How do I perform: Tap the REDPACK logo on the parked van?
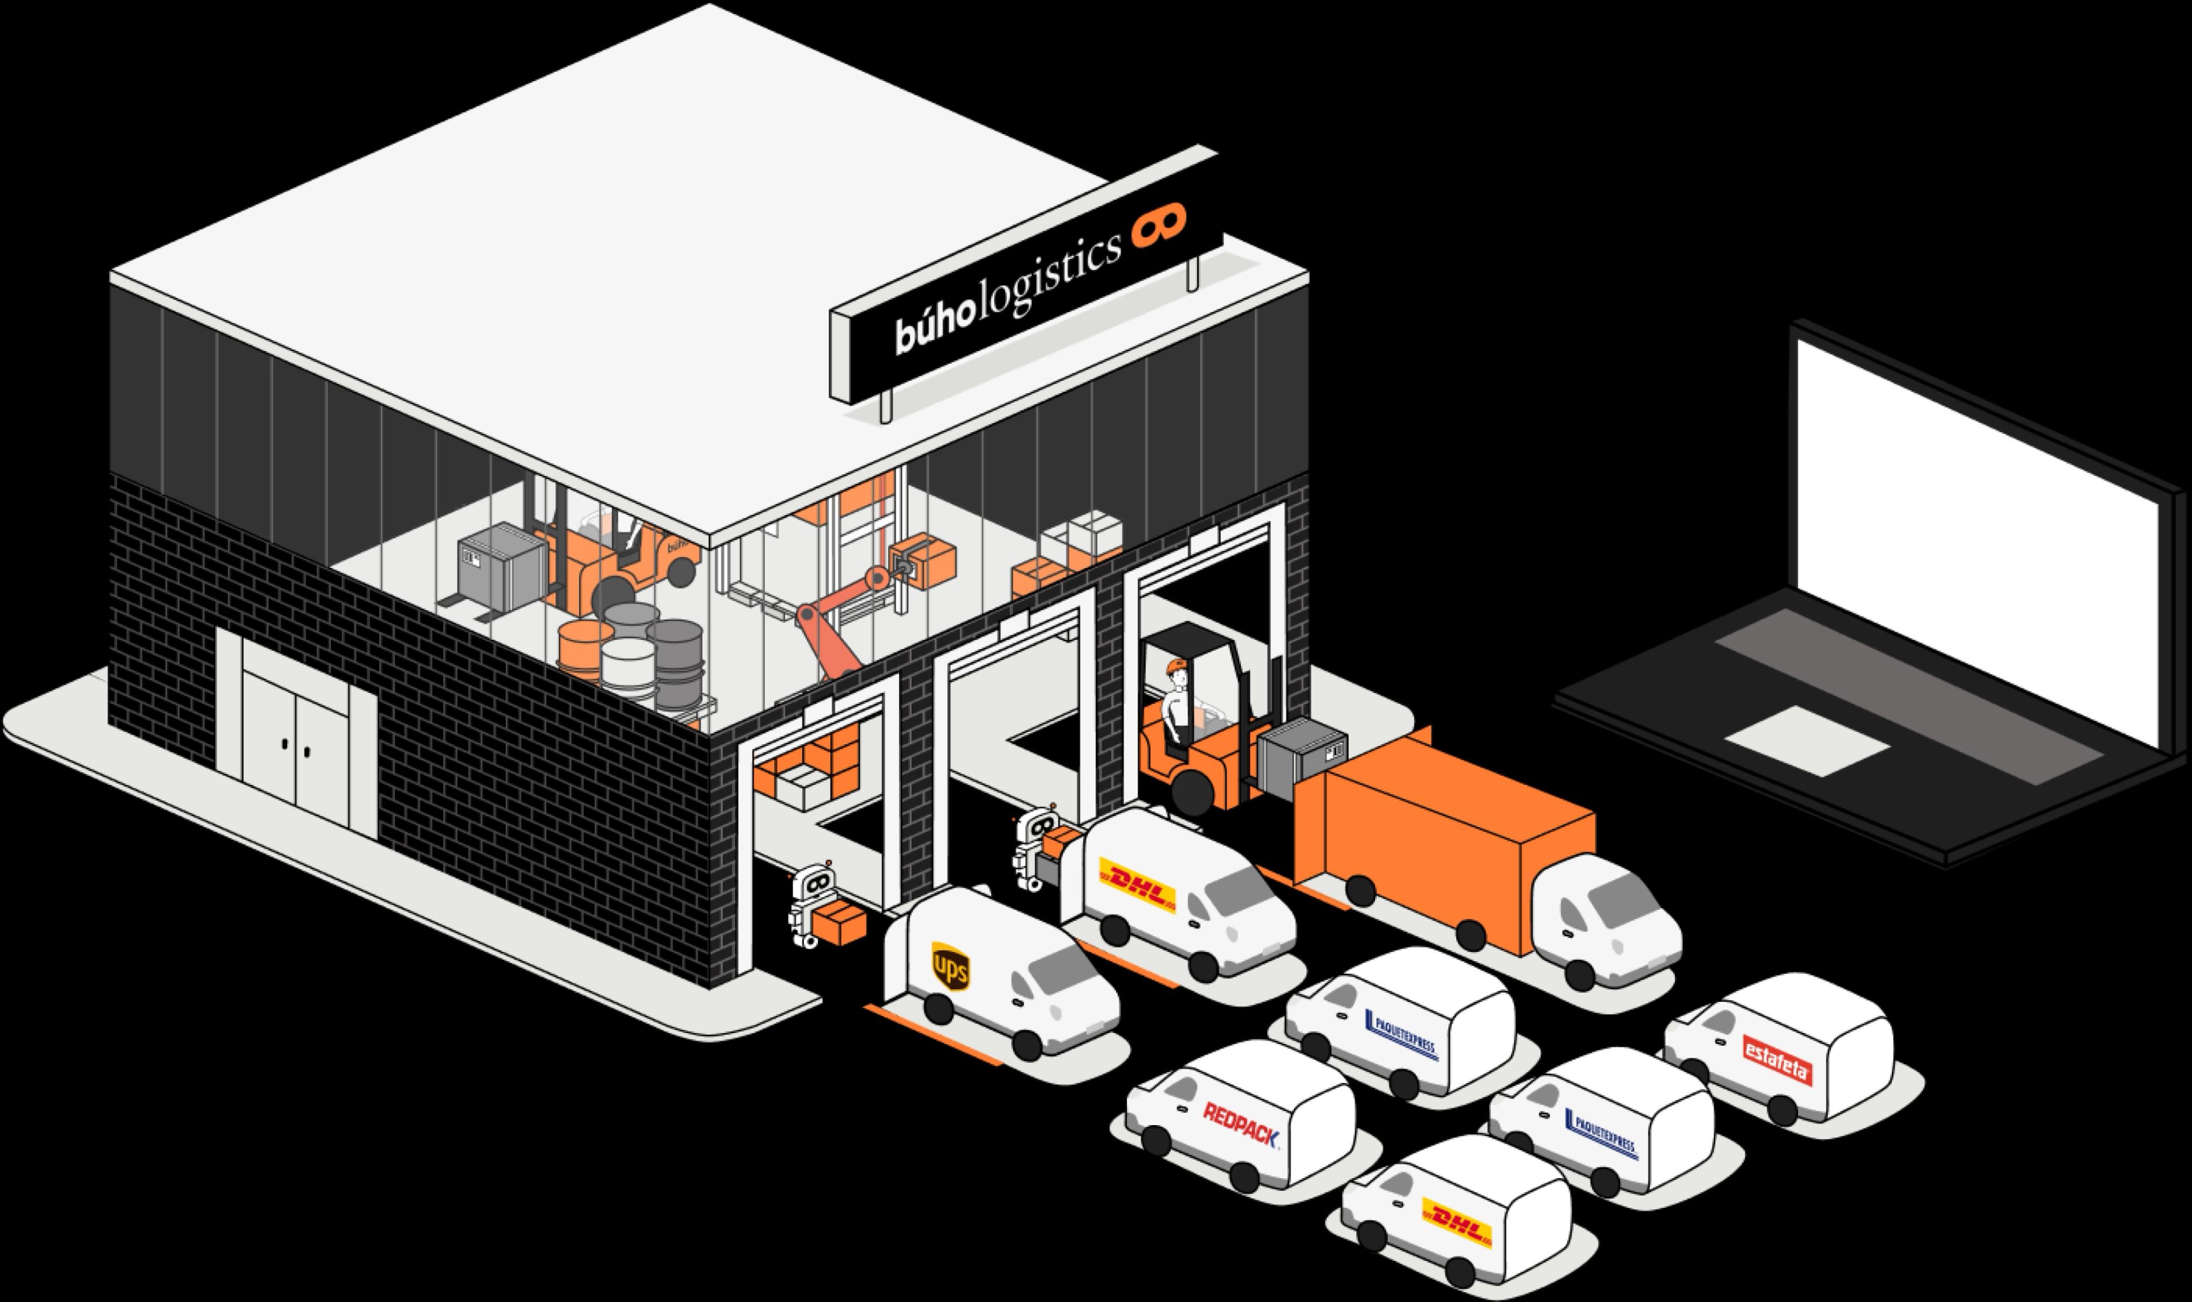[1240, 1126]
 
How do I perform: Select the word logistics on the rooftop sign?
[1049, 276]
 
